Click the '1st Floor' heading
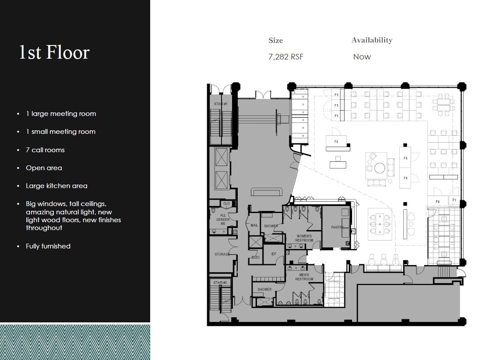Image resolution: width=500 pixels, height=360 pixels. [54, 52]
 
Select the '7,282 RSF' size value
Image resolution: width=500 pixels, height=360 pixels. [285, 57]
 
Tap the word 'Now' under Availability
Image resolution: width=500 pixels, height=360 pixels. [362, 57]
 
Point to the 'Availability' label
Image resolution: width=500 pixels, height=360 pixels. [372, 40]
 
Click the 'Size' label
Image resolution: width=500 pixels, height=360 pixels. [275, 41]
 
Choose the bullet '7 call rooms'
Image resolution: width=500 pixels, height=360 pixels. [45, 150]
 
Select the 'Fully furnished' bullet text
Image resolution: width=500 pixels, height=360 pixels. [48, 246]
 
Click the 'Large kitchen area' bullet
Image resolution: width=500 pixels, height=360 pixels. [56, 186]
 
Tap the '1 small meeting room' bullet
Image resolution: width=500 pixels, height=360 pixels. [60, 132]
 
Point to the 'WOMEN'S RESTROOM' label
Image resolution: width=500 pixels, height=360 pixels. [304, 238]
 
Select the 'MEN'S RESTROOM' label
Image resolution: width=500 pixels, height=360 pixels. [304, 277]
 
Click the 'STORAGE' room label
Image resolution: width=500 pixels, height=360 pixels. [222, 254]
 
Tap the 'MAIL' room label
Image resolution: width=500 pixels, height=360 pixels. [254, 226]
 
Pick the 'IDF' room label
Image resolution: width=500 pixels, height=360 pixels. [274, 254]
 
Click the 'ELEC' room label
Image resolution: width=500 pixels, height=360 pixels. [255, 257]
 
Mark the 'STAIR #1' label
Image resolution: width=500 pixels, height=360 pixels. [220, 104]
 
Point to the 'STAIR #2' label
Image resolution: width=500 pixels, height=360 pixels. [220, 283]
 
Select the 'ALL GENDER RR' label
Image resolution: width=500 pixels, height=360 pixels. [223, 218]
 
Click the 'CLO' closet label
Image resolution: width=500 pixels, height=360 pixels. [226, 204]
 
